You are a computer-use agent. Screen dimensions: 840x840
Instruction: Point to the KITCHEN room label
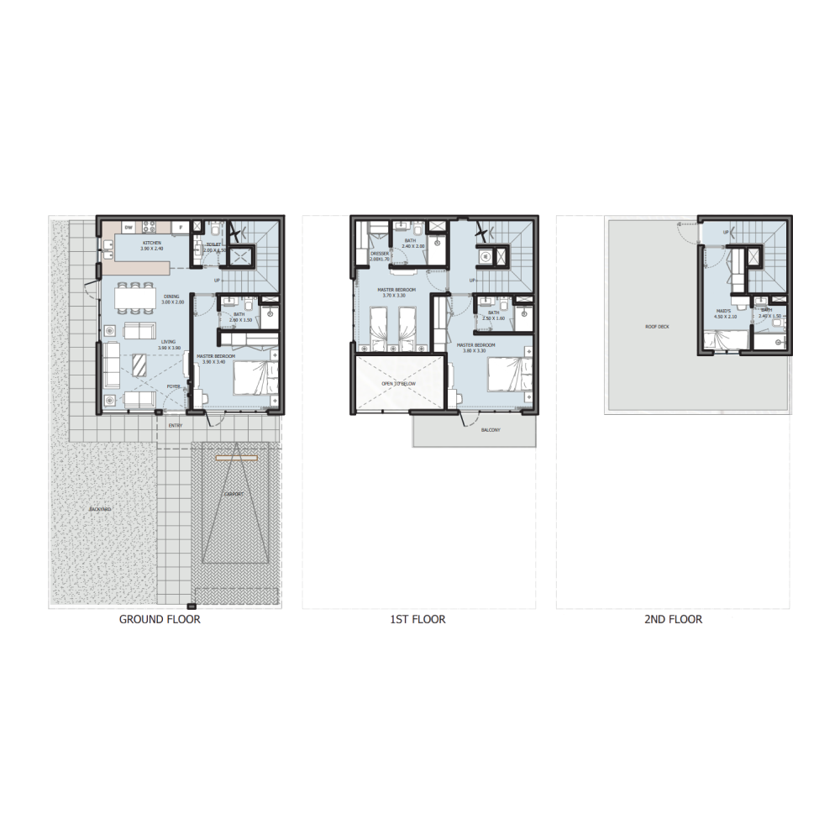tap(152, 243)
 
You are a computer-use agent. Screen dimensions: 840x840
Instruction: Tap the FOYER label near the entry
tap(173, 386)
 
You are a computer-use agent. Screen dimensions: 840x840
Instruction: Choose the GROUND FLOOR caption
tap(160, 620)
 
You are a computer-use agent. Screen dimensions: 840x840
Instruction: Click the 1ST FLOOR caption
tap(417, 620)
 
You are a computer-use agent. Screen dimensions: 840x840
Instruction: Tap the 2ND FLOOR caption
tap(673, 620)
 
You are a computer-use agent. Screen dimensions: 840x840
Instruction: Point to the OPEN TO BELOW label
tap(398, 383)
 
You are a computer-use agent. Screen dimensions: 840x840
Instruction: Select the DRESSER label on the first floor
tap(380, 253)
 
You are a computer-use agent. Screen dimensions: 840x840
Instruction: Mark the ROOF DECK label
tap(656, 328)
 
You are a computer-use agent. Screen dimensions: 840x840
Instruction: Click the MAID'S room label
tap(723, 311)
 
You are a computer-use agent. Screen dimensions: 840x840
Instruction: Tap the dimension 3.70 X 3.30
tap(393, 296)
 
